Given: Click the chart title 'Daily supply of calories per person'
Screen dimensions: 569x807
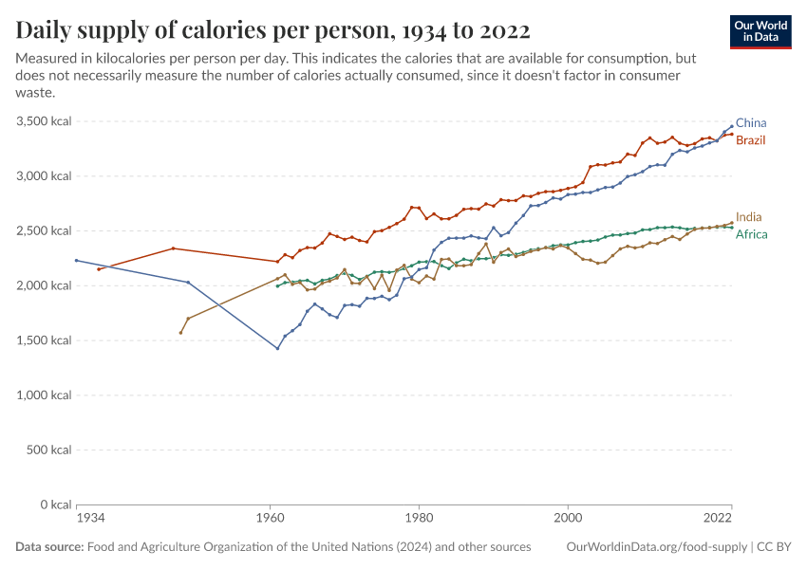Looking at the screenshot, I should [x=273, y=29].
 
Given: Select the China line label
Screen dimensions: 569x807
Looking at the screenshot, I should [x=751, y=123].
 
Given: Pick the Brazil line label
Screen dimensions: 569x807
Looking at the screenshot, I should [x=751, y=140].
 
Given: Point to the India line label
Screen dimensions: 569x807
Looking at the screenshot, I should [x=748, y=217].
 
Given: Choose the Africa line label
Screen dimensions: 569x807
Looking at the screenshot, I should [x=751, y=234].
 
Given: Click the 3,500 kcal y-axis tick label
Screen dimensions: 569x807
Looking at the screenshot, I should [x=44, y=121].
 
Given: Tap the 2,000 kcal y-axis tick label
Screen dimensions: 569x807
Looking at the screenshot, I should [x=44, y=285].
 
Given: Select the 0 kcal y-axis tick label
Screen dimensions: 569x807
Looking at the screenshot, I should [x=54, y=505].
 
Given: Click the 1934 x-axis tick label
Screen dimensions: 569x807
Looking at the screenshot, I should [x=90, y=519].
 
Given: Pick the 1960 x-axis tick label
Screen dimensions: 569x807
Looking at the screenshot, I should [x=270, y=519].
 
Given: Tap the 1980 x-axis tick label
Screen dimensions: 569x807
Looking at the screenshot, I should [x=419, y=519].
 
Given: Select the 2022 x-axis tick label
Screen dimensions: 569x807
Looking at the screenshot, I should [x=718, y=519].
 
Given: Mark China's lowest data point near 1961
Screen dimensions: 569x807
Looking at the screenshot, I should [x=277, y=348].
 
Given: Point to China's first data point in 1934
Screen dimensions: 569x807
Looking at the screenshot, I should [x=76, y=260].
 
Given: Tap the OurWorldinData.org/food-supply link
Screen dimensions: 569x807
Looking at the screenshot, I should [x=655, y=547].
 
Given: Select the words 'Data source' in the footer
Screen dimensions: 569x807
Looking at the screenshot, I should [x=48, y=547].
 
